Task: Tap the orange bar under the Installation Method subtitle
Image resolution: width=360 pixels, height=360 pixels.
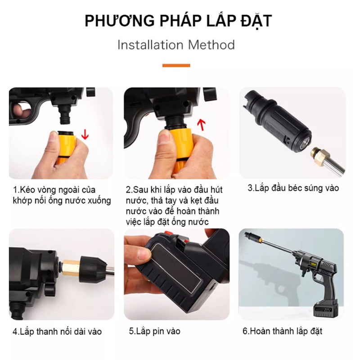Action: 176,66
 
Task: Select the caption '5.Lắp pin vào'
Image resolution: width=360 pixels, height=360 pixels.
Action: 154,331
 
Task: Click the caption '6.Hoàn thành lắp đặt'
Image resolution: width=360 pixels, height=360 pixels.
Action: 282,331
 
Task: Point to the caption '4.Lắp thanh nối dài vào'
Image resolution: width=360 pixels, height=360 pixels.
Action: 57,332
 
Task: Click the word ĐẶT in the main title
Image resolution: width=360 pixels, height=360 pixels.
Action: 256,21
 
